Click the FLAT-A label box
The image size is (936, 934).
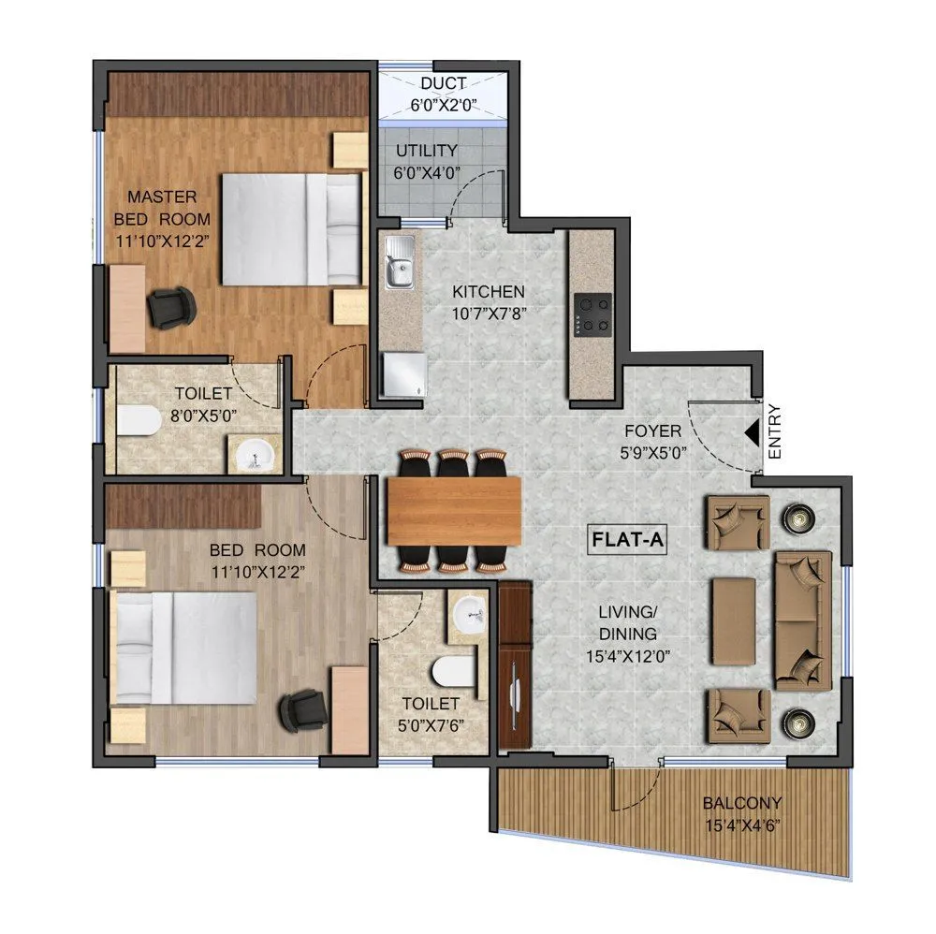tap(627, 540)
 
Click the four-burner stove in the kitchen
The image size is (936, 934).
tap(592, 314)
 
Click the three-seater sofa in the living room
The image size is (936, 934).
tap(801, 621)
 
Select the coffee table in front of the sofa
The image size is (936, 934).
tap(734, 620)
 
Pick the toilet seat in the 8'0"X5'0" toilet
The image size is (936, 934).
tap(138, 421)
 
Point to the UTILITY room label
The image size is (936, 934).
tap(426, 151)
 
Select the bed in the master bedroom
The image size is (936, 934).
tap(291, 228)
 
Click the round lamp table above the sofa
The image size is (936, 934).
tap(797, 516)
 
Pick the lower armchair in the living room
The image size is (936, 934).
tap(739, 714)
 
